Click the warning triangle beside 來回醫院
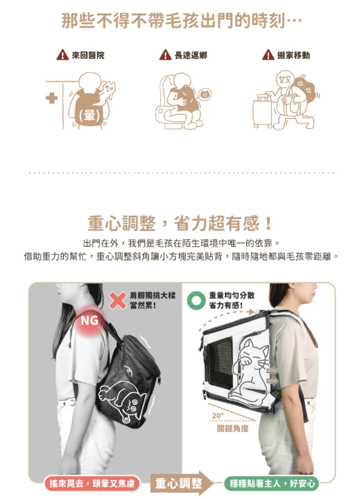point(62,55)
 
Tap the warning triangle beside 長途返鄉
point(165,55)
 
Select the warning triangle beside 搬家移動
point(268,55)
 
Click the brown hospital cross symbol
point(52,98)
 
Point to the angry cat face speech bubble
point(205,94)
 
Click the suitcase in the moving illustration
point(262,111)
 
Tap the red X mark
point(118,301)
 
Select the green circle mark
point(196,301)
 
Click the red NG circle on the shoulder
point(89,321)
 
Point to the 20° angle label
point(218,416)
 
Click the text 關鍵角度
point(233,428)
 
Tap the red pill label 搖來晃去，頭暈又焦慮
point(92,483)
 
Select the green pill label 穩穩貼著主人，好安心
point(271,483)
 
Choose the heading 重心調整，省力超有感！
point(180,223)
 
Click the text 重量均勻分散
point(232,296)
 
